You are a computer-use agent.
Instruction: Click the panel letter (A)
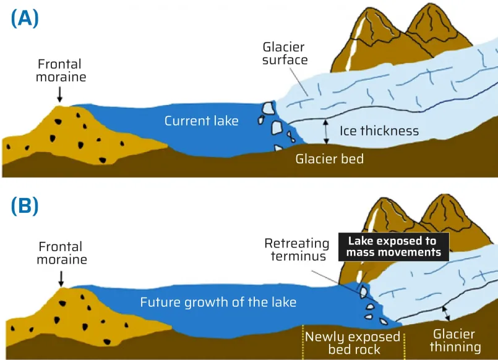[25, 19]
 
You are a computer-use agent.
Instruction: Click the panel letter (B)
[25, 206]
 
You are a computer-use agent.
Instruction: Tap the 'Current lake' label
[201, 121]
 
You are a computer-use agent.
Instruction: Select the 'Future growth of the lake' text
[218, 302]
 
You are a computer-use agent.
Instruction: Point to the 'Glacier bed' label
[329, 159]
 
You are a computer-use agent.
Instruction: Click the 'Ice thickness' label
[379, 131]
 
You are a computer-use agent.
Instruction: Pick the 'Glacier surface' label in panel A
[285, 54]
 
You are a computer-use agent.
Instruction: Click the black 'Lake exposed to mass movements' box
[393, 246]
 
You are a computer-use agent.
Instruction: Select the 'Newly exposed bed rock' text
[353, 343]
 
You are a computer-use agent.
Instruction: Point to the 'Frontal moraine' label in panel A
[60, 71]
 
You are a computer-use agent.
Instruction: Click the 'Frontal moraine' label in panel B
[61, 252]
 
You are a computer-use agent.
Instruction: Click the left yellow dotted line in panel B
[303, 341]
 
